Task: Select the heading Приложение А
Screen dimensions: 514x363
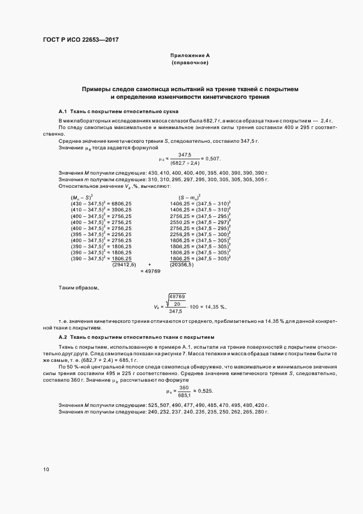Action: pos(189,55)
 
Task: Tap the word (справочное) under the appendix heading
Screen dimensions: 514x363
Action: pos(189,63)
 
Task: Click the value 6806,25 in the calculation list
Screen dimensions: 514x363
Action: pos(121,203)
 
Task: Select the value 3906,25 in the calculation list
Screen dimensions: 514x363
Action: pos(121,209)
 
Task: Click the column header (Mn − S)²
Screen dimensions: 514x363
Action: pos(81,196)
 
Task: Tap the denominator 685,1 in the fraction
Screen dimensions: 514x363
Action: pos(183,395)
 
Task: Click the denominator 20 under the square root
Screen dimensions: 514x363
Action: pos(176,304)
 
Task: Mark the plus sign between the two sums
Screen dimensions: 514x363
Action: pos(149,264)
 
